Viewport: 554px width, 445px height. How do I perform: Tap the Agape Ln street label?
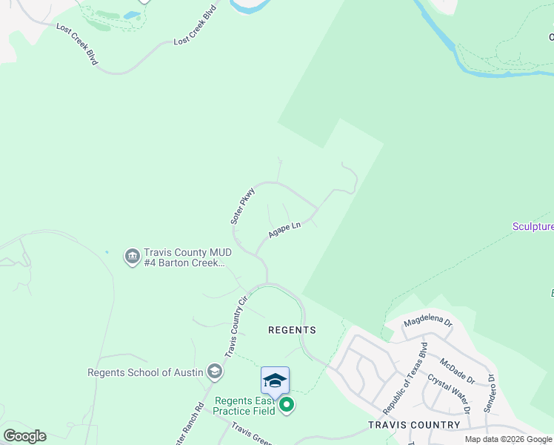pos(284,229)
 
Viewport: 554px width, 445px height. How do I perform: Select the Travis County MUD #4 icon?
pos(132,256)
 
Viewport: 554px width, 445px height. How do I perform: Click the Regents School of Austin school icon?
pos(215,371)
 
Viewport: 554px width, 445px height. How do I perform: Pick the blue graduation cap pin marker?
pos(275,381)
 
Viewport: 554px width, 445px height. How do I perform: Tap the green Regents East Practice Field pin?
pos(287,406)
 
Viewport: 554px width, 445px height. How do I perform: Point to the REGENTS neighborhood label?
pos(292,330)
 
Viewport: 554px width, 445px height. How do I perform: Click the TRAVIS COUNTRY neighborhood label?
pos(414,425)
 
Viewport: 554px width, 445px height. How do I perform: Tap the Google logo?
pos(24,436)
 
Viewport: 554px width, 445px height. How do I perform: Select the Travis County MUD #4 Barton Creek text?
pos(184,257)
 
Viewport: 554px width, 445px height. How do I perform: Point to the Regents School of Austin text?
pos(145,372)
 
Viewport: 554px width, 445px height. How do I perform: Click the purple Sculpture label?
pos(533,226)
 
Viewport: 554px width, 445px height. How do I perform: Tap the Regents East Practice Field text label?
pos(245,406)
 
